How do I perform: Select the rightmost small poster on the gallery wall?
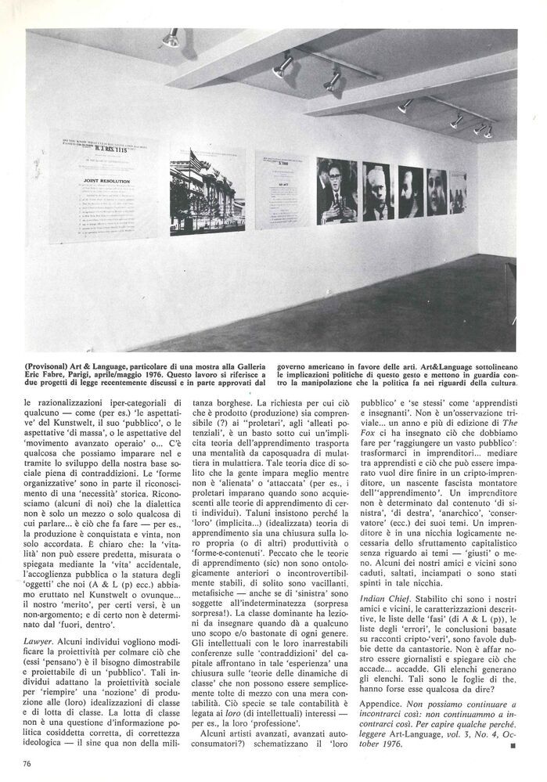point(458,193)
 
